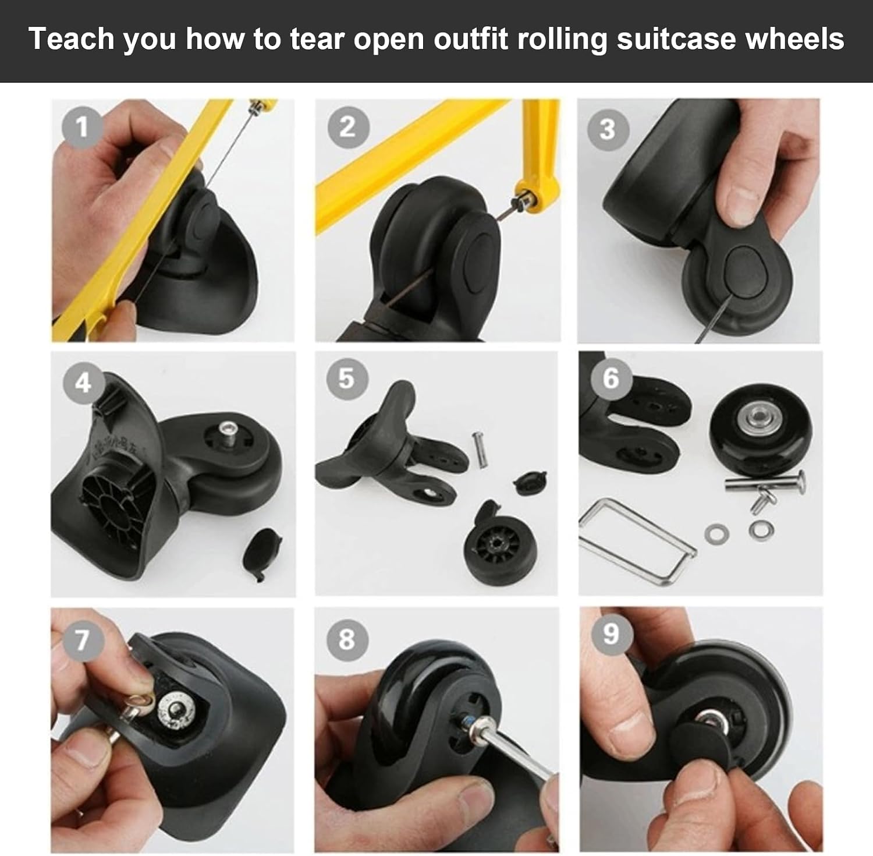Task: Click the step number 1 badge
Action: coord(82,126)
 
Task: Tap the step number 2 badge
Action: coord(347,127)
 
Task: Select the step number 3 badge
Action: coord(607,129)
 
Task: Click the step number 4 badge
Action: coord(83,383)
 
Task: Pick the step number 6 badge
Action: coord(611,378)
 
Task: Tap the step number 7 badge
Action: coord(82,639)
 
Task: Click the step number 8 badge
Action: coord(347,638)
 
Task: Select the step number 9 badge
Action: coord(611,633)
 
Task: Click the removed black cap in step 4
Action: coord(261,554)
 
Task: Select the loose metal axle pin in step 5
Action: coord(480,450)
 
